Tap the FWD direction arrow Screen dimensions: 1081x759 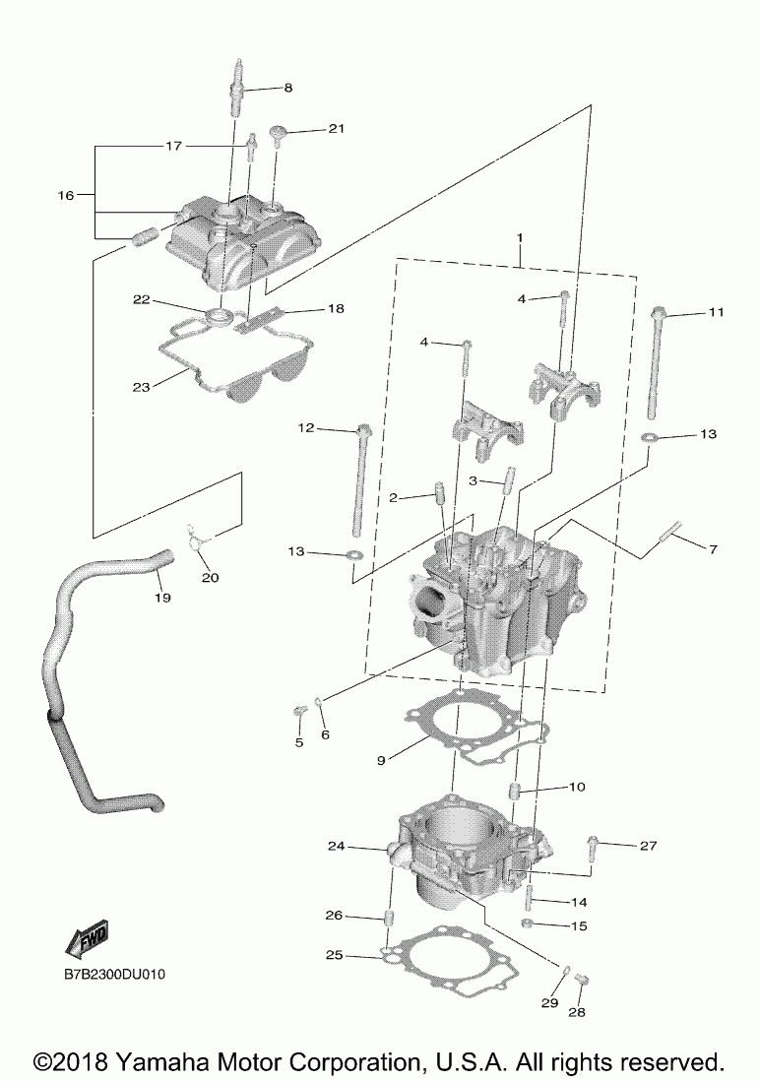click(86, 939)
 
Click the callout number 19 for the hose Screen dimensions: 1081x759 click(162, 597)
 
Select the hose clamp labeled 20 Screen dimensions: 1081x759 click(199, 537)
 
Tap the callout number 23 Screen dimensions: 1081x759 click(142, 387)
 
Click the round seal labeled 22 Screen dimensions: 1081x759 click(219, 316)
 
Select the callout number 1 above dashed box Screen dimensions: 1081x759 click(519, 237)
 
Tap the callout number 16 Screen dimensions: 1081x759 click(66, 196)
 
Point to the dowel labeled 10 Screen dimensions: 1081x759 click(515, 792)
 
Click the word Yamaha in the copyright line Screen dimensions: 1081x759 click(159, 1062)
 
